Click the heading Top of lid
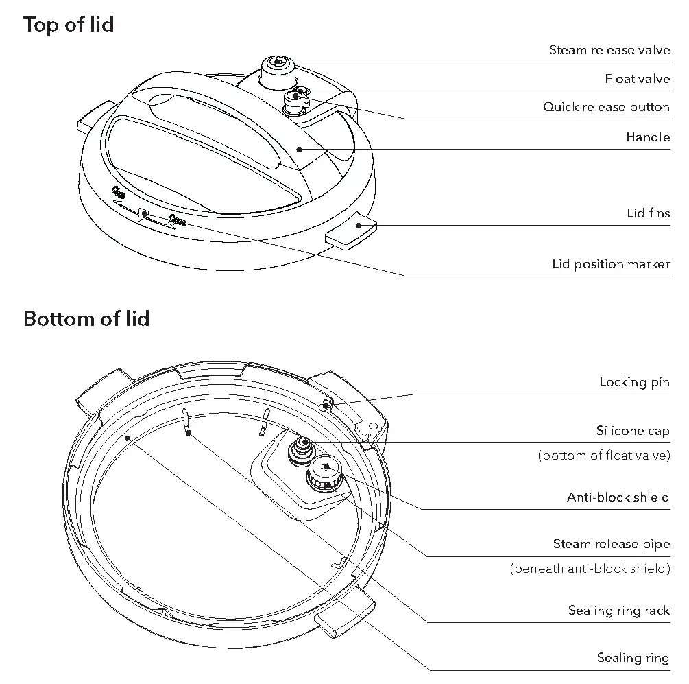(69, 25)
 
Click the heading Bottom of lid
(86, 319)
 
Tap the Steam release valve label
(609, 50)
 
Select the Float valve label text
(637, 79)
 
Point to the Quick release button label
(606, 107)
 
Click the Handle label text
(647, 137)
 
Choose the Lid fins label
(648, 213)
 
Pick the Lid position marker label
(611, 264)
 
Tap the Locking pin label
(634, 382)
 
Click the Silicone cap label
(632, 432)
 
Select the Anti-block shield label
(618, 497)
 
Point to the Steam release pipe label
(611, 544)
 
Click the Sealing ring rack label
(618, 611)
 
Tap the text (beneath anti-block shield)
(590, 569)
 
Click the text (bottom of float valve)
(603, 456)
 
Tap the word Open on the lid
(178, 221)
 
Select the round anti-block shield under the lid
(326, 471)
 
